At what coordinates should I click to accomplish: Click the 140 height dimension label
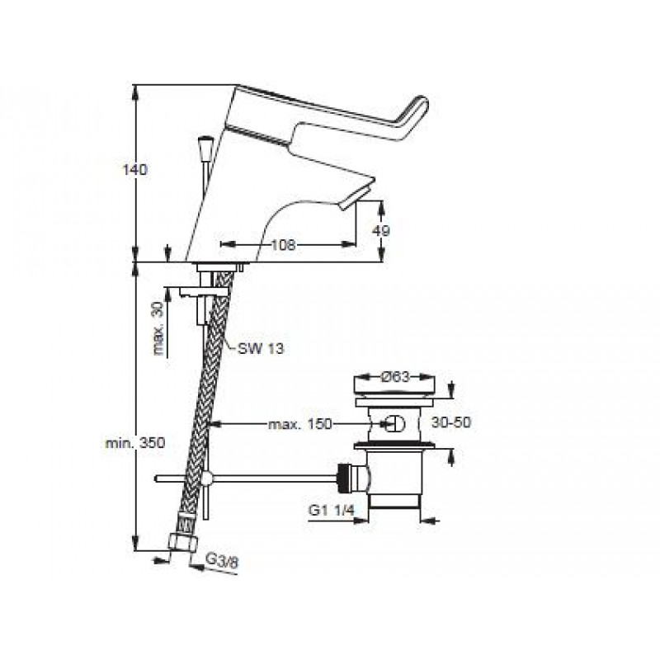coord(134,170)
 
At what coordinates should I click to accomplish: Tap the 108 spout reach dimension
coord(283,244)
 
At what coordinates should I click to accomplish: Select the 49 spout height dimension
coord(381,231)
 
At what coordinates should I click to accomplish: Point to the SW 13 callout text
coord(261,348)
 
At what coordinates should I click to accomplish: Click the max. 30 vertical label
coord(158,329)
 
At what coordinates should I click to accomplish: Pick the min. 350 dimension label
coord(135,442)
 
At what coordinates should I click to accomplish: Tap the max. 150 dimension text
coord(300,424)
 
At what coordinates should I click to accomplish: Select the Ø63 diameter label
coord(395,377)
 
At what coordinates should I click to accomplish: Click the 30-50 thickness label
coord(451,422)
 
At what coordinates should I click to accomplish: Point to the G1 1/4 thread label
coord(332,510)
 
